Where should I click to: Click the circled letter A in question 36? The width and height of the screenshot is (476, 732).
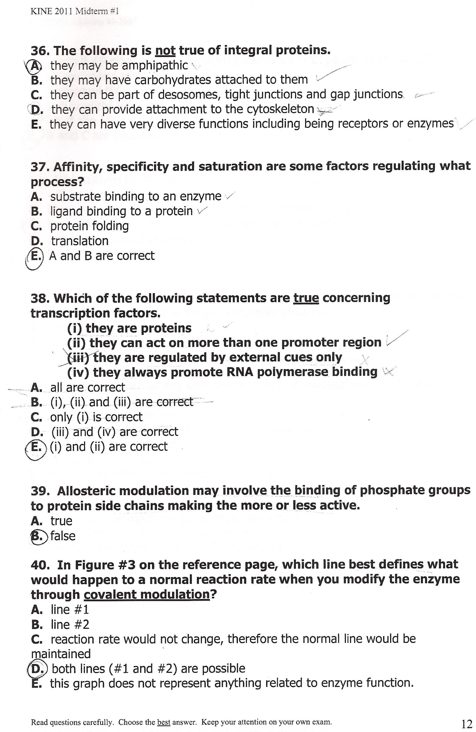pyautogui.click(x=36, y=66)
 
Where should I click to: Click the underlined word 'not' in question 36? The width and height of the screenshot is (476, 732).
pyautogui.click(x=165, y=51)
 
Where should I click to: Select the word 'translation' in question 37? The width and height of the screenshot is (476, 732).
pyautogui.click(x=80, y=241)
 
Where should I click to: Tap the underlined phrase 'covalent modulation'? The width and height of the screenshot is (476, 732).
pyautogui.click(x=146, y=594)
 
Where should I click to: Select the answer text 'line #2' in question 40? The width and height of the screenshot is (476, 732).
pyautogui.click(x=70, y=624)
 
